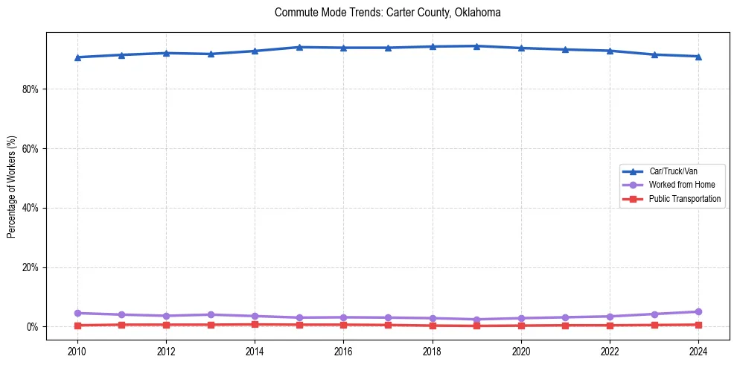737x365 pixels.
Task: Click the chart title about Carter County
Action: click(387, 13)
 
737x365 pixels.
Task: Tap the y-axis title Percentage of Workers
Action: click(11, 187)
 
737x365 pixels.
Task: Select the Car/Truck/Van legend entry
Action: click(673, 171)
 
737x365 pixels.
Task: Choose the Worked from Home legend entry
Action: click(678, 185)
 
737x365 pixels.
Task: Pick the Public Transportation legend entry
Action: click(684, 199)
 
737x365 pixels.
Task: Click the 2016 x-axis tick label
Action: click(343, 350)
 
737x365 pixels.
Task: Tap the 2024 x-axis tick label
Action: click(698, 350)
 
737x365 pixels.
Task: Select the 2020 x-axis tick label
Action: click(521, 350)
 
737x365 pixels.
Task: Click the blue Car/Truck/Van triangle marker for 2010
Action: click(77, 57)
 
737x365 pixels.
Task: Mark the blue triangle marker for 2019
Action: click(476, 46)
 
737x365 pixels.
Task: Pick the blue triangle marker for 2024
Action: click(698, 57)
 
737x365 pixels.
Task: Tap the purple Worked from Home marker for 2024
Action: click(698, 312)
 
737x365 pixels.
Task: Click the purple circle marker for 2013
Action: click(211, 314)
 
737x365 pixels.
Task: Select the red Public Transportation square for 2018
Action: click(433, 326)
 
